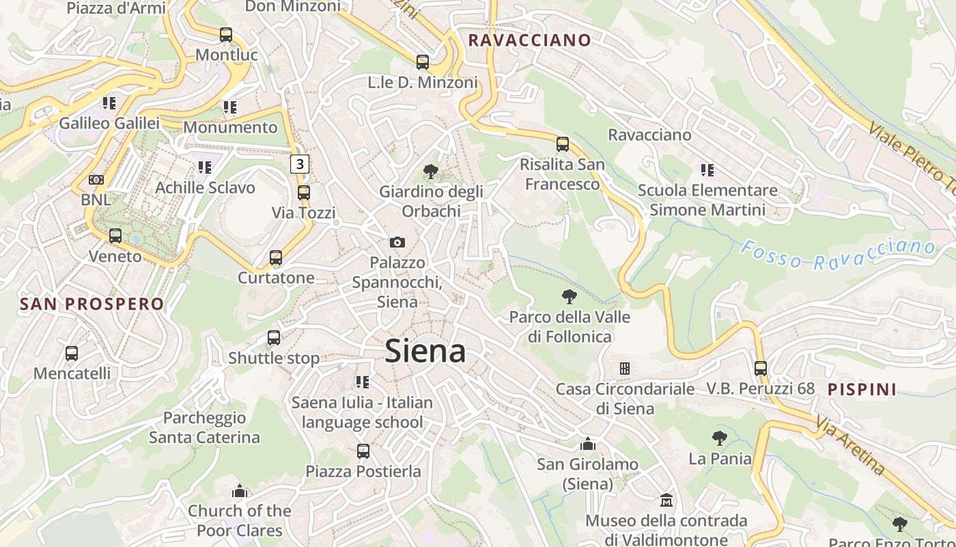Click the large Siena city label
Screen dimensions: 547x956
coord(425,351)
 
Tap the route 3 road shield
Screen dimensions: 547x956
coord(300,164)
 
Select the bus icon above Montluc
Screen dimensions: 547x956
coord(226,35)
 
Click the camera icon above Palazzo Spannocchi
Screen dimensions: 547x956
coord(397,242)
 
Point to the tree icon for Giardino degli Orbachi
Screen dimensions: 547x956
coord(431,171)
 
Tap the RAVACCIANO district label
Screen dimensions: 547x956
coord(529,40)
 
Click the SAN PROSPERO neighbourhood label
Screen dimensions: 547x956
coord(92,304)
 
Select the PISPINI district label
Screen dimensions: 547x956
coord(862,390)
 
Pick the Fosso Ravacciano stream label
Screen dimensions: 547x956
coord(839,254)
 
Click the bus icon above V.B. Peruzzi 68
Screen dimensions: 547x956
coord(761,369)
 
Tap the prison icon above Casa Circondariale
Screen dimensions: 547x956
coord(624,369)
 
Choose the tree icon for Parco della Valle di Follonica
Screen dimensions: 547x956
coord(569,297)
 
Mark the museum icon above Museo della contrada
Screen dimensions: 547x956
coord(666,501)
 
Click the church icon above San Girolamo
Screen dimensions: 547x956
coord(588,444)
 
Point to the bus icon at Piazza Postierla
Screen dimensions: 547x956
coord(363,451)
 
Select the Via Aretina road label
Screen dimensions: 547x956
coord(851,448)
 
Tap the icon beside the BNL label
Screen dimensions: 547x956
coord(96,180)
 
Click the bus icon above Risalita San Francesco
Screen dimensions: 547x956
coord(563,144)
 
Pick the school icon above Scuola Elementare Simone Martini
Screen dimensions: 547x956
coord(707,170)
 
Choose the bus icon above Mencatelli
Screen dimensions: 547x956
coord(72,353)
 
